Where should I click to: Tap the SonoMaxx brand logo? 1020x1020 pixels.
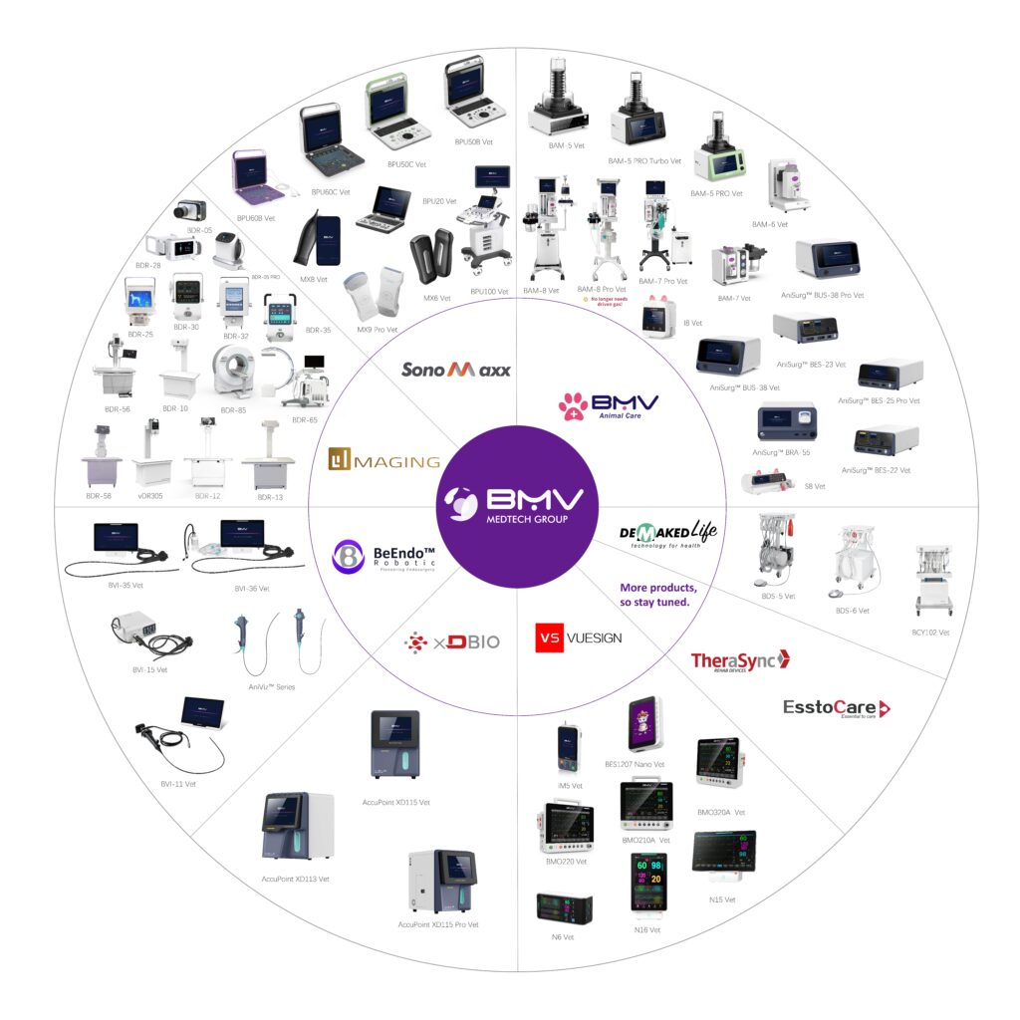(x=456, y=370)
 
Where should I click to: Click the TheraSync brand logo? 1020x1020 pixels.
(x=739, y=660)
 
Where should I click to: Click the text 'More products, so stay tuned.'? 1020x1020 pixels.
(x=658, y=595)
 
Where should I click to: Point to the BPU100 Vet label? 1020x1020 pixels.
(x=488, y=291)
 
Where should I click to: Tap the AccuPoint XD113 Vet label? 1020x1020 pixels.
(x=295, y=879)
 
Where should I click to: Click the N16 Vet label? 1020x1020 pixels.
(x=647, y=929)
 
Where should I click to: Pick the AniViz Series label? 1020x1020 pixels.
(x=271, y=687)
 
